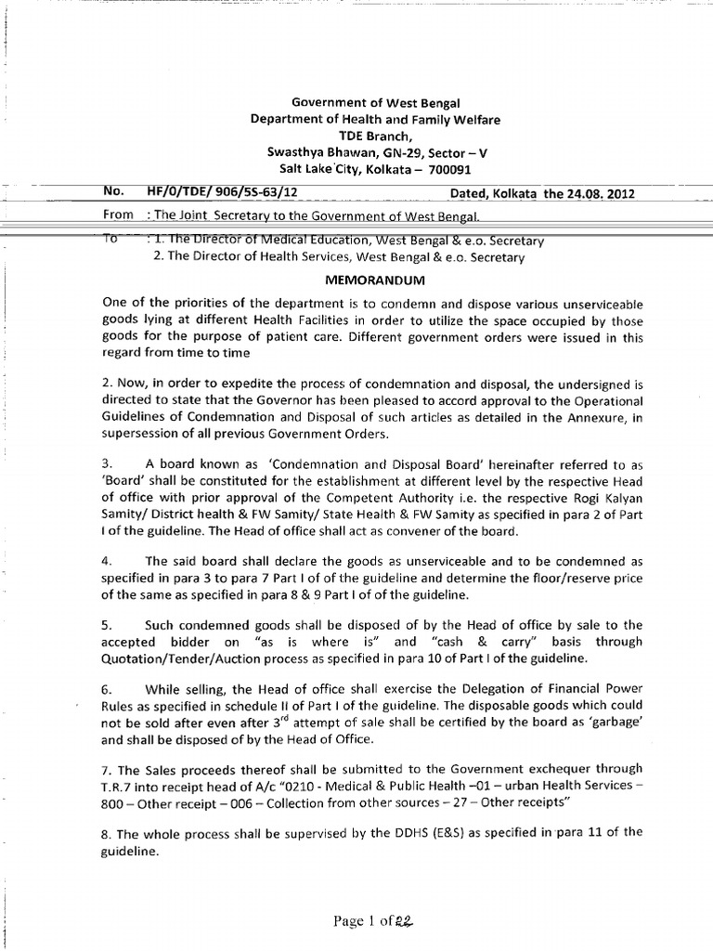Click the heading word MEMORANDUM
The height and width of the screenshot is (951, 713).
click(x=356, y=278)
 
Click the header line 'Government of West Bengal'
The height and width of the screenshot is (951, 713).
click(x=356, y=102)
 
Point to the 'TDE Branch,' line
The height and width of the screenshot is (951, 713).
click(x=356, y=136)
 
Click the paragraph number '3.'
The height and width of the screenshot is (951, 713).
click(x=107, y=462)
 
